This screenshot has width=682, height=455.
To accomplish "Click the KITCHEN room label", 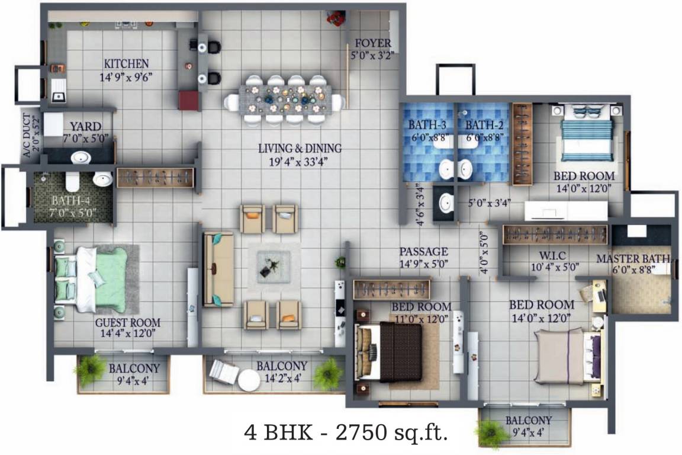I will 126,63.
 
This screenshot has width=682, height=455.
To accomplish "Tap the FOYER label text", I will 372,43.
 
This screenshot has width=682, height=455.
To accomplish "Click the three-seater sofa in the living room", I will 218,269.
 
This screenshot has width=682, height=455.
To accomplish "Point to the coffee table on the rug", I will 274,267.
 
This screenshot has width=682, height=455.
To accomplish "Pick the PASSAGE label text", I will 423,252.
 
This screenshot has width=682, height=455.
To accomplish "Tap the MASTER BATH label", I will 633,259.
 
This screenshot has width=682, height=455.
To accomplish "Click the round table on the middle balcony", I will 249,380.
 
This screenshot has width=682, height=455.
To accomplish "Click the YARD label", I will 85,127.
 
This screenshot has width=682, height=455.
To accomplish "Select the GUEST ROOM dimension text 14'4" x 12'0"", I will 128,334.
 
